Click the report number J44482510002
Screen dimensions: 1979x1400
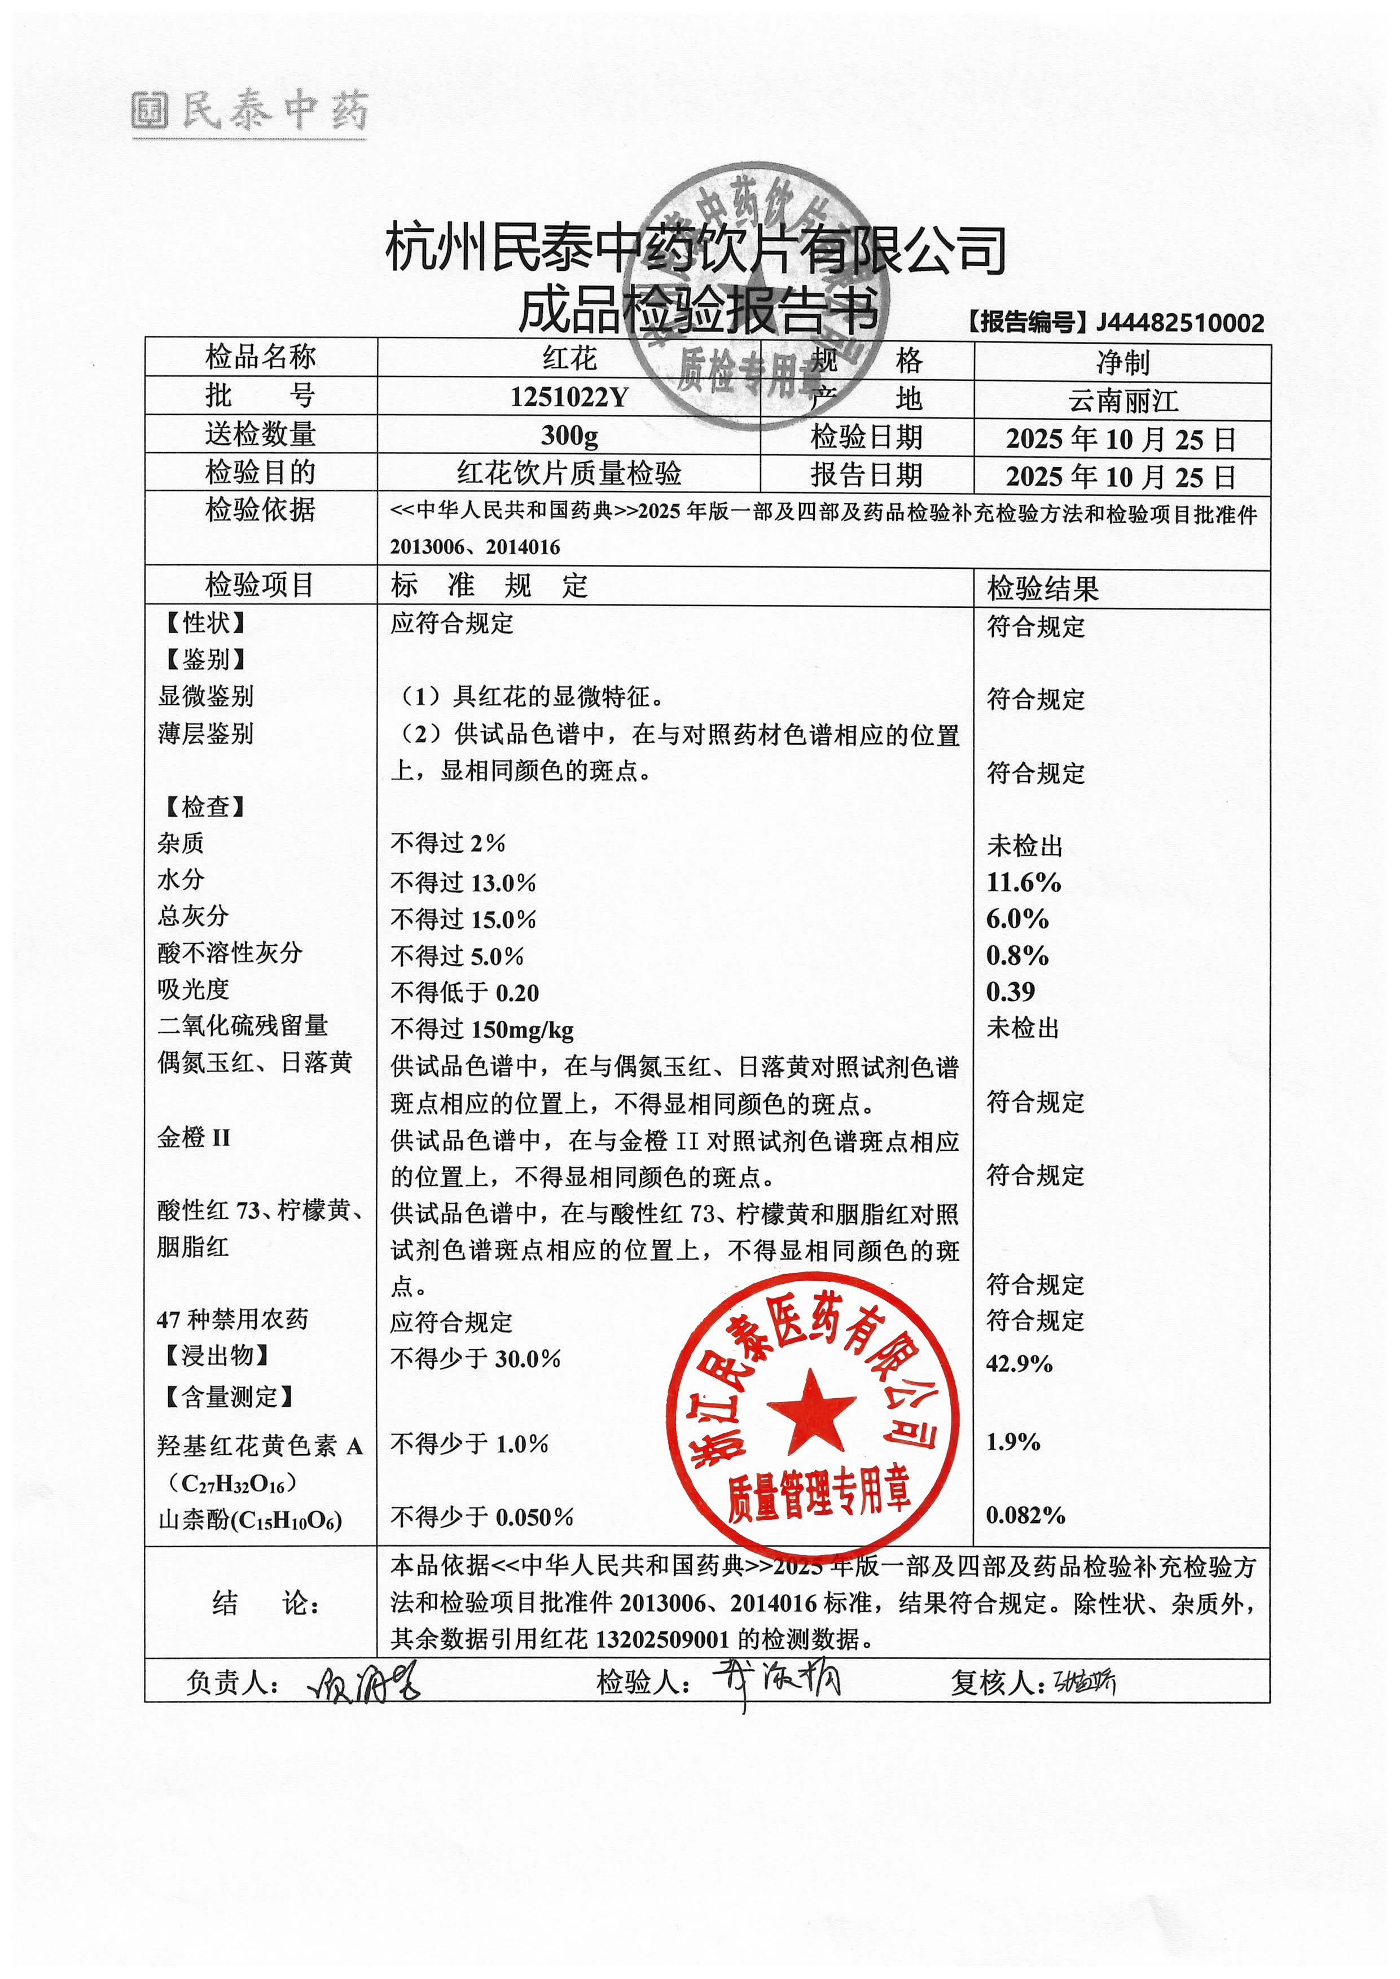(x=1179, y=323)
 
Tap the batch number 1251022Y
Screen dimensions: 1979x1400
(x=569, y=397)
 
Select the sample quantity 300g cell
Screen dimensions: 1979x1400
(x=569, y=435)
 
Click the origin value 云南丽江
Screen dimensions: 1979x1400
(x=1122, y=401)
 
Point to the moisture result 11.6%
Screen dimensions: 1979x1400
(x=1023, y=882)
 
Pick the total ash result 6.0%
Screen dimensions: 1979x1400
(x=1017, y=919)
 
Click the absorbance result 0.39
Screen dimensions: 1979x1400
(x=1010, y=991)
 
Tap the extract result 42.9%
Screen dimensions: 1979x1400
(x=1019, y=1363)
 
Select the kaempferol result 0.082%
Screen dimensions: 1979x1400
(x=1025, y=1515)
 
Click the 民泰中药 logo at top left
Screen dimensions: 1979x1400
(x=250, y=112)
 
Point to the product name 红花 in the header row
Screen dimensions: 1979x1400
(x=569, y=358)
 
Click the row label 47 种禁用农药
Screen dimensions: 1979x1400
(x=232, y=1319)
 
